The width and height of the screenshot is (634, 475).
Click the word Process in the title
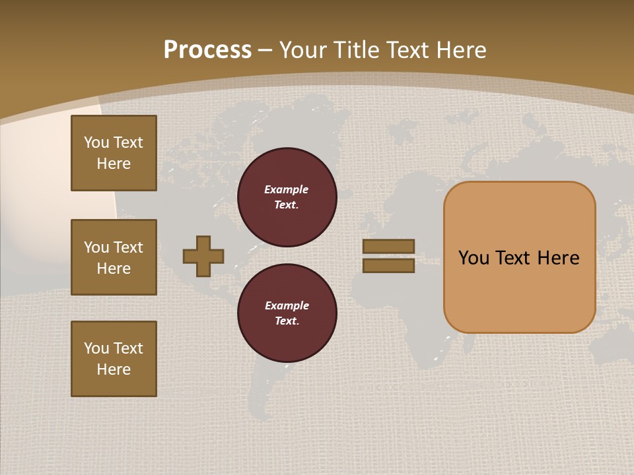207,50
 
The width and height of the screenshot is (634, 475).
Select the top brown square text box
114,153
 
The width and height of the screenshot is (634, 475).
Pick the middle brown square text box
114,257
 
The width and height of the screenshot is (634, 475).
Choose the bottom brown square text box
114,359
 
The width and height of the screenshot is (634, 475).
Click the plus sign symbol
203,256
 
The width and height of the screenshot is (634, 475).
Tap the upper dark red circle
287,197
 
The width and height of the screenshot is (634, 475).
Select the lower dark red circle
287,313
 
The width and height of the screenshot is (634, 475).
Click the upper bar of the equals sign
388,246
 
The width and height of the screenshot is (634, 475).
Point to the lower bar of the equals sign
388,265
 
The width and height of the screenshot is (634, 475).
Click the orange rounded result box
519,257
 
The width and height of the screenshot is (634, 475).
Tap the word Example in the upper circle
286,189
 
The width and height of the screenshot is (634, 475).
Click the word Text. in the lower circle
287,321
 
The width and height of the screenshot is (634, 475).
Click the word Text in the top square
128,142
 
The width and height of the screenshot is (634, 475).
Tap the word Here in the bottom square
114,369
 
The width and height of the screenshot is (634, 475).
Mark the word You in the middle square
96,247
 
